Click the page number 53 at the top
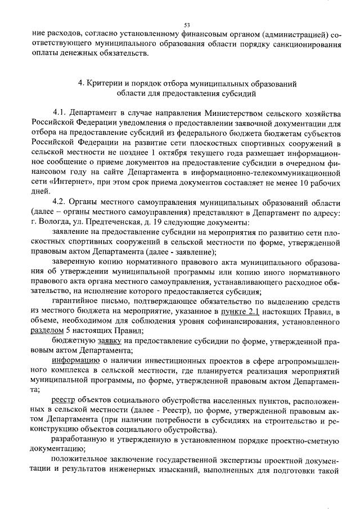pyautogui.click(x=187, y=25)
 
